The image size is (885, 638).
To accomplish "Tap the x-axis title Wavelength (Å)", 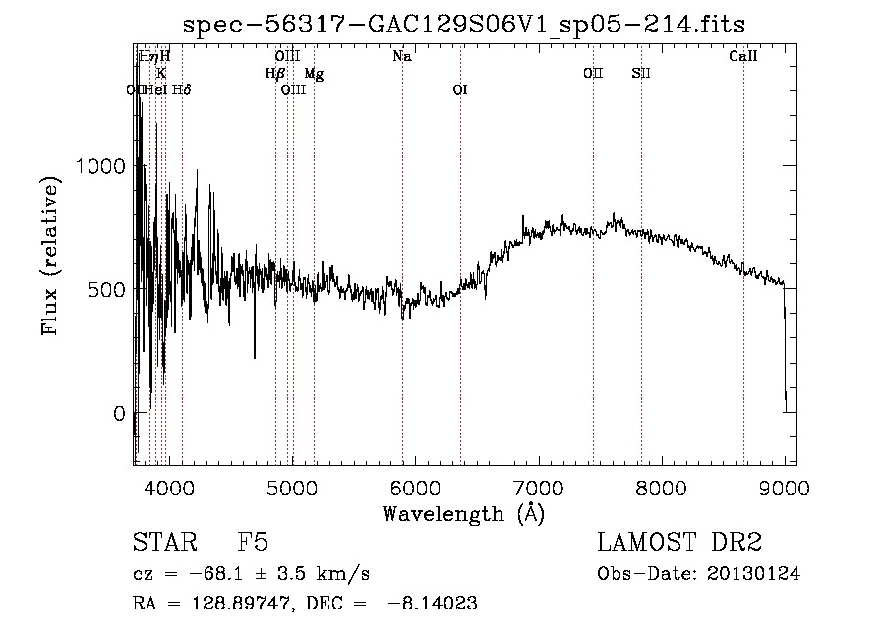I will (462, 513).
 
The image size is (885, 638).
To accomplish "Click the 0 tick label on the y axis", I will (121, 413).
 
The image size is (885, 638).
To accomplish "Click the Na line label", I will (401, 57).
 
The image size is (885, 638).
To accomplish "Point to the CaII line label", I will (743, 57).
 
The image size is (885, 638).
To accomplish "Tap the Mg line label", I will (313, 74).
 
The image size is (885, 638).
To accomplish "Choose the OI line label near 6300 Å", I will (460, 90).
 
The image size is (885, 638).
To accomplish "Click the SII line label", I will (641, 74).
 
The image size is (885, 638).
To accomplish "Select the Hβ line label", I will (274, 74).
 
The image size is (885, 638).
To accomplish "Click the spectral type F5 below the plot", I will (253, 543).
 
